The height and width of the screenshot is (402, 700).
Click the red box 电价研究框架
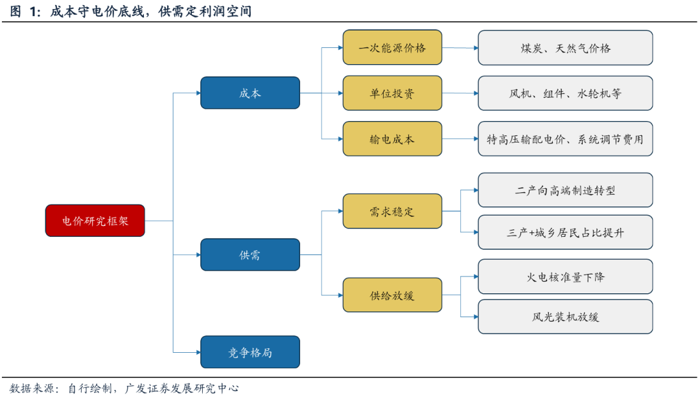click(95, 221)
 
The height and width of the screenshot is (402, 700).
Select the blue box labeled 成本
click(250, 93)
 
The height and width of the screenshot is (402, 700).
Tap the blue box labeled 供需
click(250, 254)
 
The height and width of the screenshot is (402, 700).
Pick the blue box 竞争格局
click(250, 352)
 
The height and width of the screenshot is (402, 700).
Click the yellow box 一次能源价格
click(392, 47)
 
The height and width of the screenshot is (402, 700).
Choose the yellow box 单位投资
click(392, 93)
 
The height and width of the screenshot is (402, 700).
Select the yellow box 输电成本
click(392, 139)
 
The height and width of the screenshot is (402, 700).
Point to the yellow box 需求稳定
click(392, 211)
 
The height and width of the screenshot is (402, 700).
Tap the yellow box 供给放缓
click(392, 295)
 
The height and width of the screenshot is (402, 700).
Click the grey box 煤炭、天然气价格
click(565, 48)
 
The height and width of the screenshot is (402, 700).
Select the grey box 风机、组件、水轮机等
click(565, 93)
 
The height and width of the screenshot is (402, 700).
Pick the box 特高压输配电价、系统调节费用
click(565, 139)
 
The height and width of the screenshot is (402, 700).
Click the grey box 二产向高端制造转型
click(565, 190)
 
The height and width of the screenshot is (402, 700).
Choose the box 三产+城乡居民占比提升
click(565, 232)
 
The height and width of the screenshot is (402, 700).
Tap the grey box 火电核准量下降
click(565, 276)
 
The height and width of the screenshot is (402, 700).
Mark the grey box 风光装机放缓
click(565, 317)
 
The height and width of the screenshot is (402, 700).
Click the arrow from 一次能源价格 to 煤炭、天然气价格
click(460, 48)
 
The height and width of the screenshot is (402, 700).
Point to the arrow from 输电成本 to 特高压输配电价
click(460, 139)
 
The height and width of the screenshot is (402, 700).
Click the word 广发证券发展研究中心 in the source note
click(181, 388)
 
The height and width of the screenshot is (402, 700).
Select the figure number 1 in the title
click(32, 12)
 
